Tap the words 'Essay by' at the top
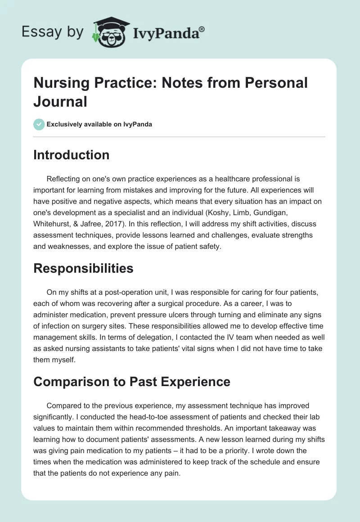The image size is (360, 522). pos(53,32)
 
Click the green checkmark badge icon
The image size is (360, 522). pos(39,124)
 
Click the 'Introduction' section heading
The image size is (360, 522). pos(72,155)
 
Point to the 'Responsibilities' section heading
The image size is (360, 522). pos(83,269)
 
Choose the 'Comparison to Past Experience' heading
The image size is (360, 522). pos(132,382)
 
